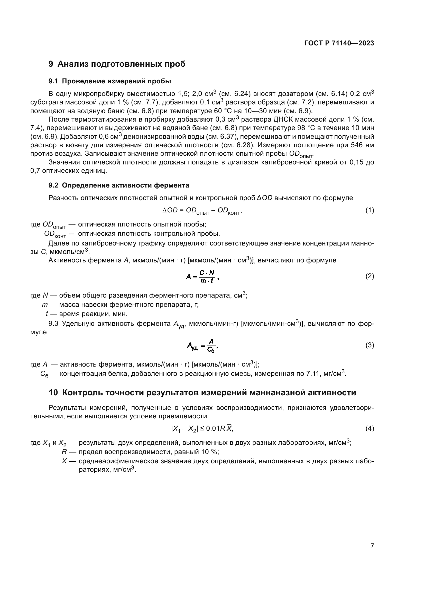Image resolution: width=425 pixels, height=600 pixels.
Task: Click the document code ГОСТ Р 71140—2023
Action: pos(339,43)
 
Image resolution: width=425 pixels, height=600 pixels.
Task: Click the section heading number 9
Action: pos(51,64)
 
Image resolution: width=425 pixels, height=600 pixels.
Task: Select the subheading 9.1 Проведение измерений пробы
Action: pos(110,81)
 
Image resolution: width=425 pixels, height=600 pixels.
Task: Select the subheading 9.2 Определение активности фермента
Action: pos(118,185)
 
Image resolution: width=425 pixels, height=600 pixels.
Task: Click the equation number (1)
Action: pos(369,210)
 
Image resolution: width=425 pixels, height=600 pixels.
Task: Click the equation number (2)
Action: pos(369,276)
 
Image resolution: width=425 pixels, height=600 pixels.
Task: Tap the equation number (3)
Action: pos(369,345)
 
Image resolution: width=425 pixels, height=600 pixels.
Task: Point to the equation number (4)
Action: pos(369,429)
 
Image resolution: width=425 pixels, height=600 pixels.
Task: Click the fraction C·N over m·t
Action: pos(207,277)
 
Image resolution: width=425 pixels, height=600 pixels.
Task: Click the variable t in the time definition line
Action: pos(47,313)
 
